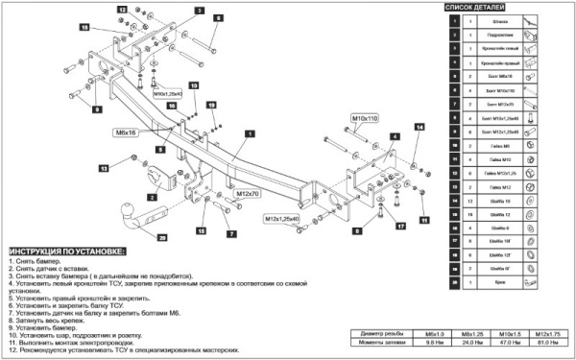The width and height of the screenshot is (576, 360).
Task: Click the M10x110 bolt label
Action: pos(366,117)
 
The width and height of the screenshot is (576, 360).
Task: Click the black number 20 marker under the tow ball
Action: pos(161,237)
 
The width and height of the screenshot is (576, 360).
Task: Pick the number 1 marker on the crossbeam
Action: pos(248,133)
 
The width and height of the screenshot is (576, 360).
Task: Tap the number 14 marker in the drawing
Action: pos(420,127)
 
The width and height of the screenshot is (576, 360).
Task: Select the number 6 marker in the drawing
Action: pos(218,18)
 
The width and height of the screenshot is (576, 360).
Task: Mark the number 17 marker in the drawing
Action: pos(401,226)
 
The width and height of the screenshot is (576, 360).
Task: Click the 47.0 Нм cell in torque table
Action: pos(510,342)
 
